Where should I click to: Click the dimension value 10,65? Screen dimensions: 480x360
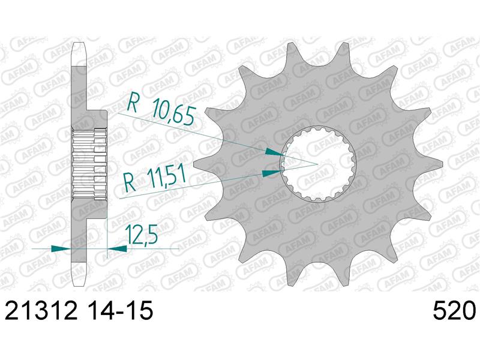click(x=173, y=112)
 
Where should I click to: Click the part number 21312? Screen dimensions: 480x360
click(x=41, y=311)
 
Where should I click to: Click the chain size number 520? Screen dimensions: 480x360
click(x=454, y=311)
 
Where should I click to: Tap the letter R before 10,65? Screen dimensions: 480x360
click(x=132, y=101)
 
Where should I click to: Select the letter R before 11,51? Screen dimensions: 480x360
click(x=130, y=182)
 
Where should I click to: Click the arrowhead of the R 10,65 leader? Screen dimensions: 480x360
click(x=274, y=152)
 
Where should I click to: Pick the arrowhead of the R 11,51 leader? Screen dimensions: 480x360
click(x=272, y=173)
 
